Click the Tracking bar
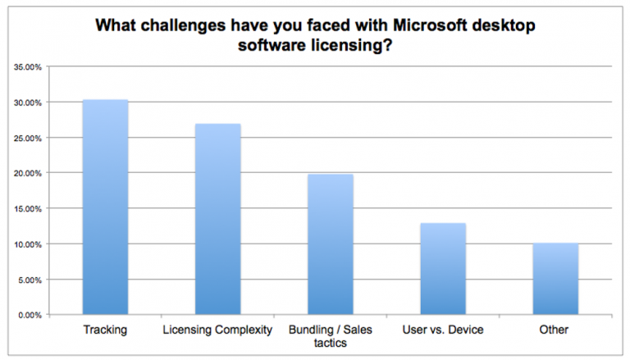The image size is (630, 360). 104,207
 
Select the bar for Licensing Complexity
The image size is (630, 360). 217,220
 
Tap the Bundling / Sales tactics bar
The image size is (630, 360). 330,244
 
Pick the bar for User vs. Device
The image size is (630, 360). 443,269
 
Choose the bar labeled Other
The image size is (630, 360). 555,279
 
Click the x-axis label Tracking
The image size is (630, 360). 104,330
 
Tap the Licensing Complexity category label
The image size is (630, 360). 217,330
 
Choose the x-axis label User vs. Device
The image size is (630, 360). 443,330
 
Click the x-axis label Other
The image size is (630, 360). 555,330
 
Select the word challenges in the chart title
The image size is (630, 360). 176,24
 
